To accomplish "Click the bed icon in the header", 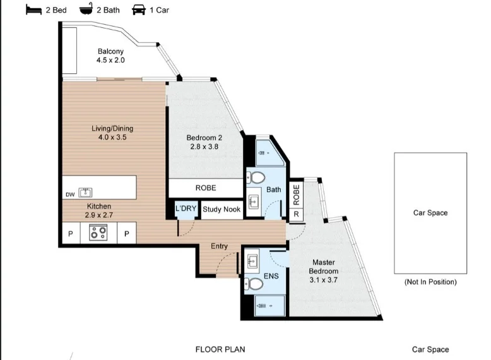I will (x=33, y=9).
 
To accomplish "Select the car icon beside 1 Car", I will (x=138, y=9).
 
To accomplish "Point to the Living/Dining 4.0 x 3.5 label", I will (x=112, y=133).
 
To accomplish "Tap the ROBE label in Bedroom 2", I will (x=205, y=188).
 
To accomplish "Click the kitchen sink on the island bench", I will (x=85, y=193).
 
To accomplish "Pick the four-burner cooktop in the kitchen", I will (x=98, y=232).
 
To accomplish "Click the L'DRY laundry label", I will (x=186, y=209).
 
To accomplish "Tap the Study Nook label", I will (x=221, y=209).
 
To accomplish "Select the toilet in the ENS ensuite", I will (x=255, y=284).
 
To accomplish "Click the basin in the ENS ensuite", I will (x=254, y=260).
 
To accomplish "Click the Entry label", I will (x=219, y=246).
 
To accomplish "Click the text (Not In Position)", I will (x=430, y=282).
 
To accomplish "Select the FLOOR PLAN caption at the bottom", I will (x=220, y=349).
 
